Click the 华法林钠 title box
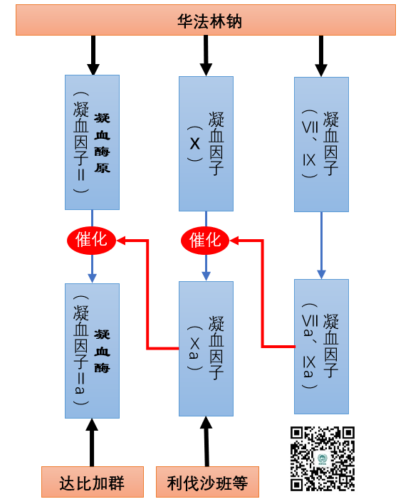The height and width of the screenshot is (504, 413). pos(206,20)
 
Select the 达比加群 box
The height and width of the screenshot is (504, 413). pos(93,482)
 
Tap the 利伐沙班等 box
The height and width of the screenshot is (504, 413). pos(208,482)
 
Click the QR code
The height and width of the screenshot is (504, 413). pos(323,458)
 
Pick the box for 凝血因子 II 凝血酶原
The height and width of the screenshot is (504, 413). pos(93,142)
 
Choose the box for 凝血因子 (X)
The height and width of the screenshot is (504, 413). pos(206,144)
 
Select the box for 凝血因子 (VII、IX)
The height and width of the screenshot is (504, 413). pos(321,145)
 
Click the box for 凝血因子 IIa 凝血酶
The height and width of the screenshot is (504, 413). pos(93,351)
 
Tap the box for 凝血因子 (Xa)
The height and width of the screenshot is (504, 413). pos(206,349)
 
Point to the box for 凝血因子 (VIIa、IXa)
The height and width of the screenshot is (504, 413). pos(321,347)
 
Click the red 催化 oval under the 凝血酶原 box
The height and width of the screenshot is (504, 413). pos(91,240)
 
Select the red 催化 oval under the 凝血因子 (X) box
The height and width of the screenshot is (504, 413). pos(205,240)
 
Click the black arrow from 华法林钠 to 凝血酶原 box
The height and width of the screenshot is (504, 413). pos(93,56)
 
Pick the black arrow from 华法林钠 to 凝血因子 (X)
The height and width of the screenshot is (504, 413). pos(206,56)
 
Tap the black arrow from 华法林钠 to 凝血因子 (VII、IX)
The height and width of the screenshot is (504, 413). pos(321,56)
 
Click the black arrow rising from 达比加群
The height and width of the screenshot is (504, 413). pos(92,442)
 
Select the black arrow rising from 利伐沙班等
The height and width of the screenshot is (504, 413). pos(206,441)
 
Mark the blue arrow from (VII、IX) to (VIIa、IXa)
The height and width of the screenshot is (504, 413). pos(321,246)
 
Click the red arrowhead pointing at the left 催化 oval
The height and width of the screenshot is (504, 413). pos(121,240)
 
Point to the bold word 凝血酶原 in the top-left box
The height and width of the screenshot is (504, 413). pos(103,142)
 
